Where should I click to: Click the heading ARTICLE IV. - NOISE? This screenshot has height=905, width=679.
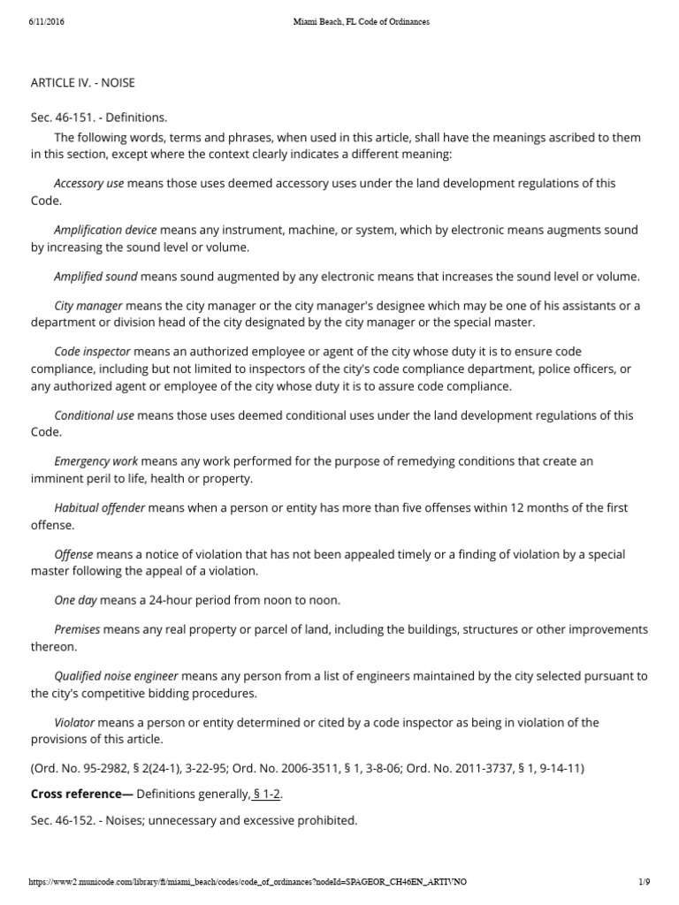click(x=82, y=83)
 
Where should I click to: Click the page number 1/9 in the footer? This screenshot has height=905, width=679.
click(x=644, y=882)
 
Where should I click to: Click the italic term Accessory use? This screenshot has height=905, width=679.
click(x=88, y=184)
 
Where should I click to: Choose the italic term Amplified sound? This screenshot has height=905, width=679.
click(x=95, y=277)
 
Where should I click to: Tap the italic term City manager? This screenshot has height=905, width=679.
click(x=88, y=306)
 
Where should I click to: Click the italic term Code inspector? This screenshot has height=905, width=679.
click(x=92, y=352)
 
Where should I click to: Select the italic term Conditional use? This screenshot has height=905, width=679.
click(x=94, y=415)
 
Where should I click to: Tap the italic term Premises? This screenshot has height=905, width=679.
click(x=78, y=630)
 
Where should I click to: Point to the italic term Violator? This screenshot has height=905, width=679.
click(x=74, y=722)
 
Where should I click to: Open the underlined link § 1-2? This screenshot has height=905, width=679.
click(x=266, y=795)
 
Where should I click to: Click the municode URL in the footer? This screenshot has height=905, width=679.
click(x=248, y=882)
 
